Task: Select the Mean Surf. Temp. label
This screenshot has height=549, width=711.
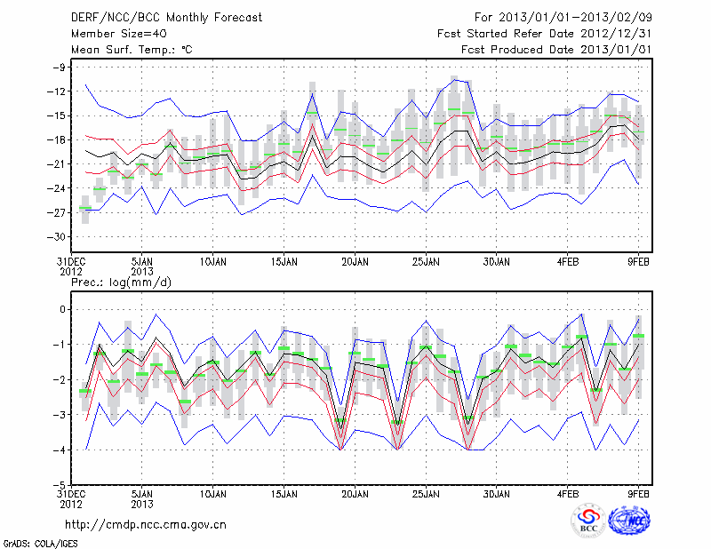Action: [131, 50]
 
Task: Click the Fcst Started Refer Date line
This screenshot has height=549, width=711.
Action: [545, 34]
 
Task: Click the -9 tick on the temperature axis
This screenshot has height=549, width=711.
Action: [61, 68]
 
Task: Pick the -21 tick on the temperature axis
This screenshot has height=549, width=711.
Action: [59, 164]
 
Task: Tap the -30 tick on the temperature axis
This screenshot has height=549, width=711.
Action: [59, 237]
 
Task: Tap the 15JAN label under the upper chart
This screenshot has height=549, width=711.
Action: [284, 262]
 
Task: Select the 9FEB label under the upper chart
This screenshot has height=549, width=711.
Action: [639, 262]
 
